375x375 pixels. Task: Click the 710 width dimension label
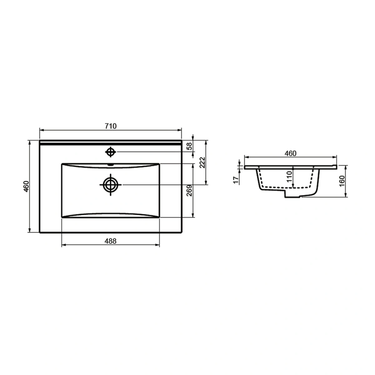click(x=111, y=126)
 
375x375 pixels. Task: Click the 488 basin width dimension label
click(x=110, y=241)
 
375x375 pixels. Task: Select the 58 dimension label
click(x=189, y=146)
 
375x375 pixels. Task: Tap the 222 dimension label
click(x=202, y=162)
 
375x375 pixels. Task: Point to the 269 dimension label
click(x=189, y=191)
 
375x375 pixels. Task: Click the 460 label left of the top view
click(x=26, y=187)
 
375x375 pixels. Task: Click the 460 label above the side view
click(x=290, y=153)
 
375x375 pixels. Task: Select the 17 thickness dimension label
click(x=236, y=180)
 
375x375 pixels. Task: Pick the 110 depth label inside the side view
click(x=290, y=177)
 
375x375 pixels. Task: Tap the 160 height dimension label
click(x=342, y=181)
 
